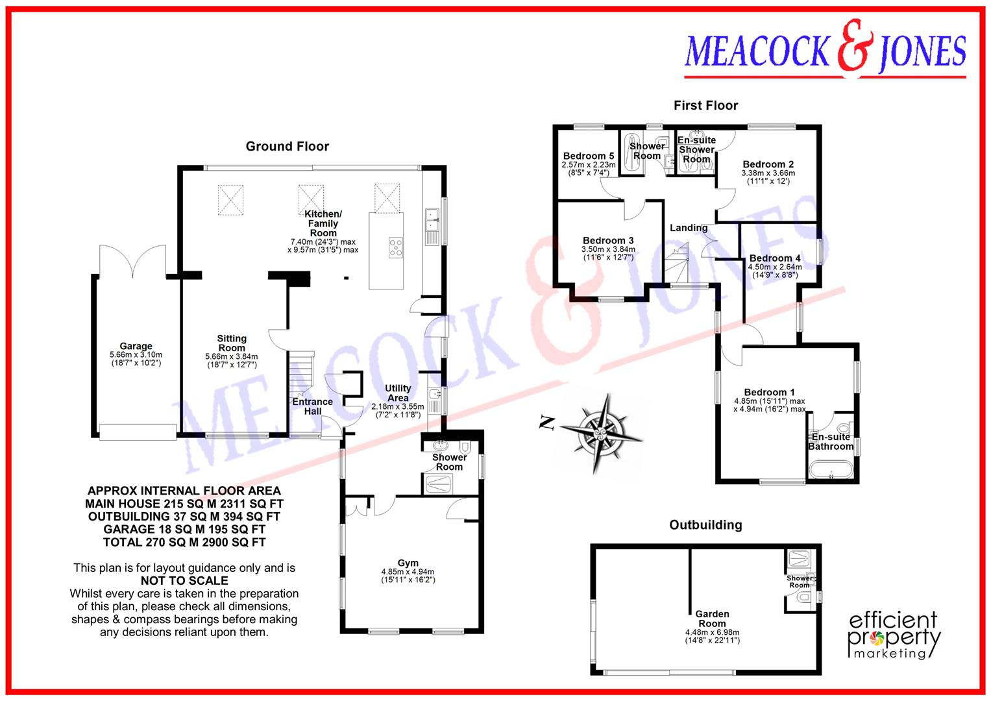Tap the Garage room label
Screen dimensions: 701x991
tap(136, 346)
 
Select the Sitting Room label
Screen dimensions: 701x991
tap(232, 343)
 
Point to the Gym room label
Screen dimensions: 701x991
tap(408, 563)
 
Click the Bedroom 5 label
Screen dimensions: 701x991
tap(588, 156)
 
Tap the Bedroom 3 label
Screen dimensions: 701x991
tap(608, 240)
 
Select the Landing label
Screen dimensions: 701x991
tap(689, 228)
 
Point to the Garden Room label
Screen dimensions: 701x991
tap(712, 619)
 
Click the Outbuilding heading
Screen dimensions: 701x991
tap(705, 524)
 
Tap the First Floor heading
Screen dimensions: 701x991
tap(705, 105)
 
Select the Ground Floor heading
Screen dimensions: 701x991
tap(287, 147)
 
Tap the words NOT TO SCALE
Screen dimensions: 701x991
tap(184, 580)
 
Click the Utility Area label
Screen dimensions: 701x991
tap(398, 393)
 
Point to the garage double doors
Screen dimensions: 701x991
tap(132, 260)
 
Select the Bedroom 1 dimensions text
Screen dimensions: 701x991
tap(770, 405)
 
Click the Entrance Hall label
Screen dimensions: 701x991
tap(312, 406)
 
